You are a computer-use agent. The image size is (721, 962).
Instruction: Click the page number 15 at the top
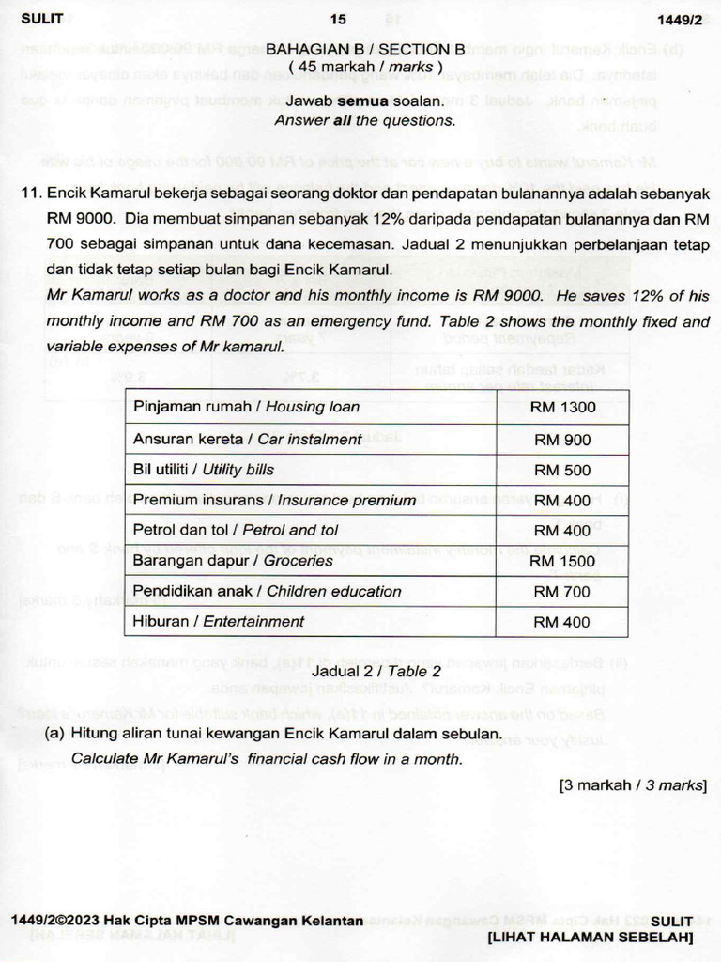point(339,19)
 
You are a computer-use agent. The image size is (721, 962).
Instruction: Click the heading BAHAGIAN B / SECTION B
point(365,49)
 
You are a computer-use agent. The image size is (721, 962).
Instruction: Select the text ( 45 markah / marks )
point(365,67)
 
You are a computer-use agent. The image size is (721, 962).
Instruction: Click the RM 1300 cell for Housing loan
point(562,408)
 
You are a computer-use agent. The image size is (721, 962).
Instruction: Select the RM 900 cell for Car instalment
point(562,440)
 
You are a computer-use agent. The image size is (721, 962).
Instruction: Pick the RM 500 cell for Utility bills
point(562,470)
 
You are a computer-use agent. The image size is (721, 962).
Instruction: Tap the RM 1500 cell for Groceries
point(562,561)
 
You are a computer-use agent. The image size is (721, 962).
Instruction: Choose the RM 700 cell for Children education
point(562,592)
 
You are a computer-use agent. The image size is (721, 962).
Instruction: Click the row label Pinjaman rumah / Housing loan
point(246,407)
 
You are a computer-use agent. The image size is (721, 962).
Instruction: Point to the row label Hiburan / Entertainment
point(219,621)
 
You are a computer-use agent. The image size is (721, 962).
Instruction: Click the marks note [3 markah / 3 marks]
point(633,784)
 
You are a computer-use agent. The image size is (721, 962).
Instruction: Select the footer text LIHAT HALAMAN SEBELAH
point(591,938)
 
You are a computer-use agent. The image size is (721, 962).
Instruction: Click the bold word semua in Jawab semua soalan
point(360,101)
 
